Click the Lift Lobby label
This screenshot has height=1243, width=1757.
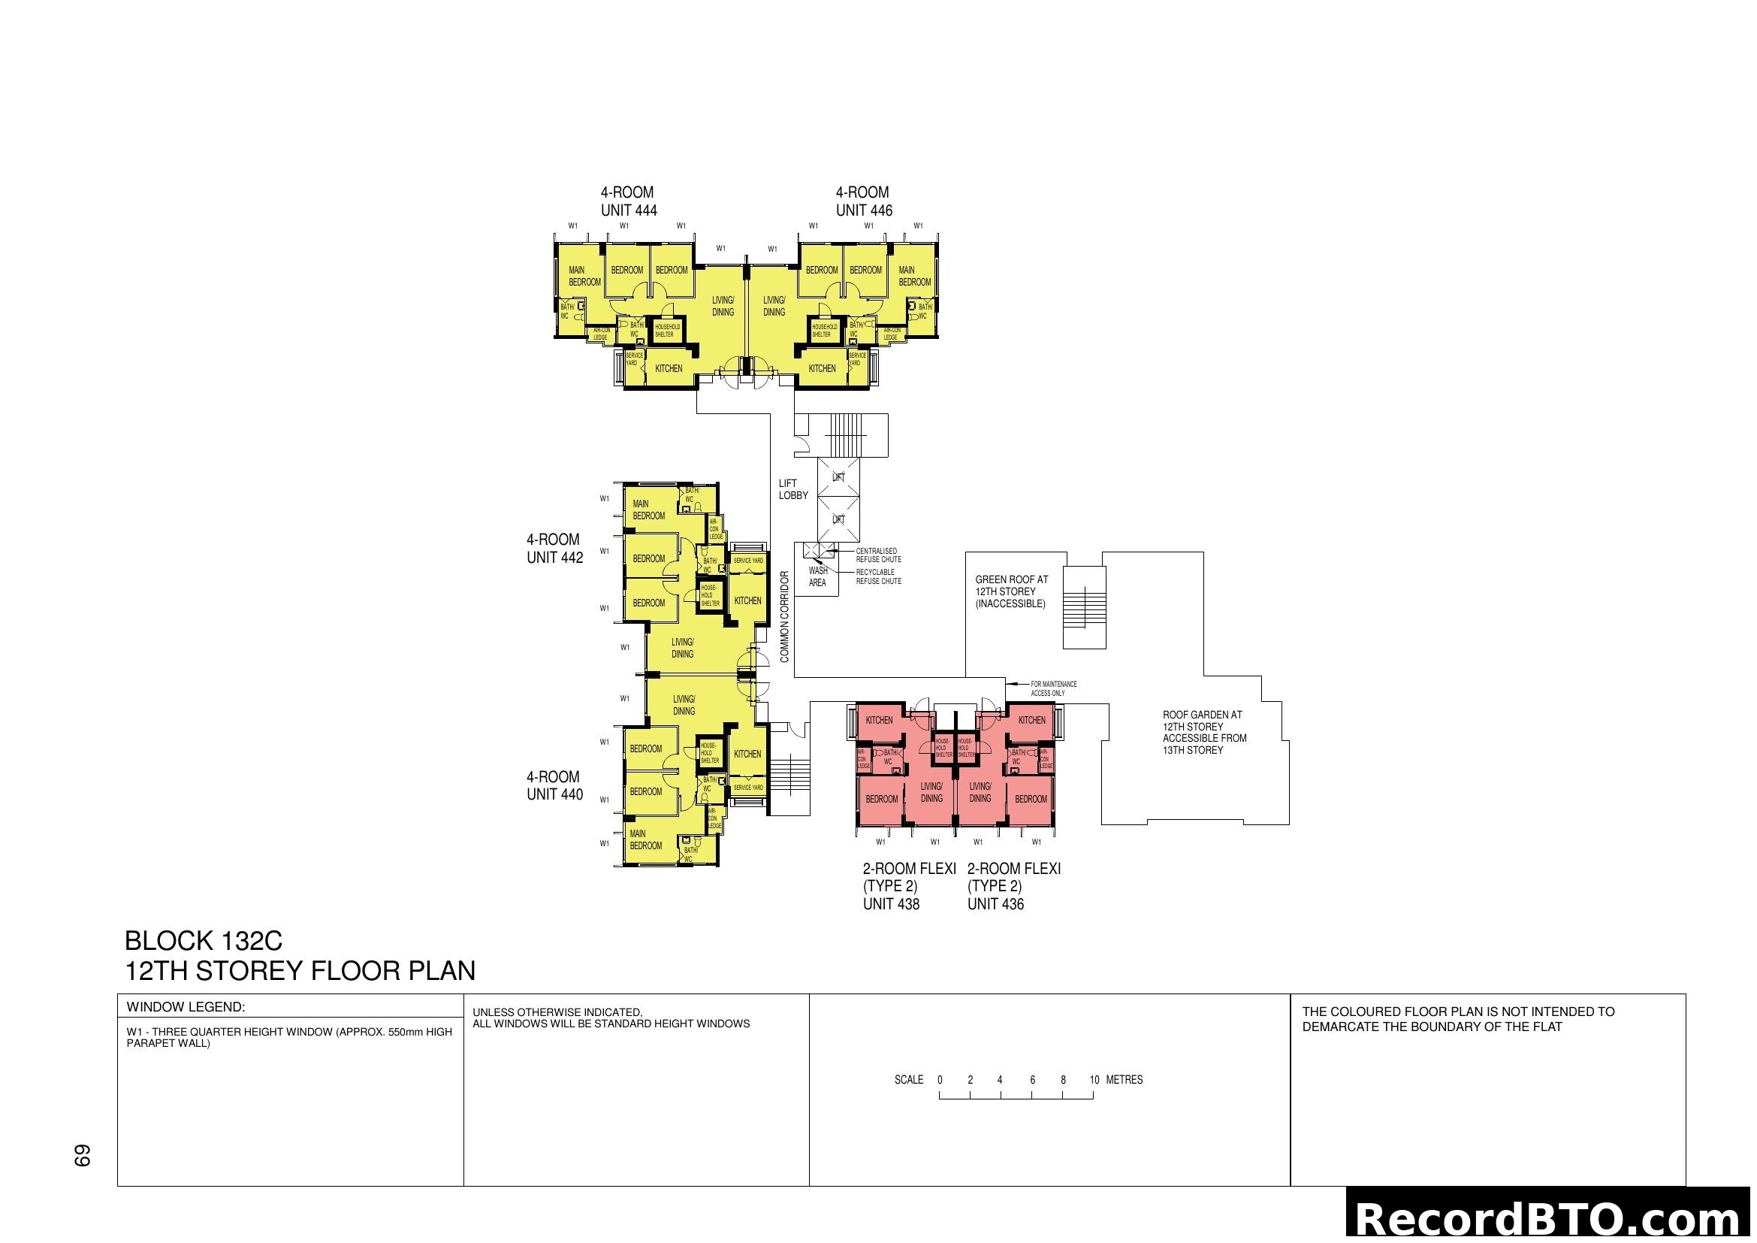[x=792, y=489]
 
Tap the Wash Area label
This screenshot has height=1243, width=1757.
[x=817, y=576]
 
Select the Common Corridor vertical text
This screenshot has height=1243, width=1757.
[x=784, y=616]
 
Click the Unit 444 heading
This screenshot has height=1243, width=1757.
[x=628, y=201]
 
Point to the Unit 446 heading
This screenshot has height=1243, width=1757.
[x=863, y=201]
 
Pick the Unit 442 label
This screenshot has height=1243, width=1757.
[x=554, y=549]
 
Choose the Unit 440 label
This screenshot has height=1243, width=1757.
[x=554, y=786]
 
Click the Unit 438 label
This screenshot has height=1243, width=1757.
[x=891, y=904]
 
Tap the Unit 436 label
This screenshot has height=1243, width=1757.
[x=995, y=904]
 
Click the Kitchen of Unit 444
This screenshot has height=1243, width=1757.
[x=668, y=368]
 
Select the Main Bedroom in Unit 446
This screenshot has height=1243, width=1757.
[x=913, y=277]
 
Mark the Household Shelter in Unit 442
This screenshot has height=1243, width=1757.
[x=710, y=595]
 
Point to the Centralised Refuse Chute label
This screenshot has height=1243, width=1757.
[x=877, y=555]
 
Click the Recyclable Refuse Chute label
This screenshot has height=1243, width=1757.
[x=877, y=576]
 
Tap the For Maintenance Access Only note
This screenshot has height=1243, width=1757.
[x=1053, y=689]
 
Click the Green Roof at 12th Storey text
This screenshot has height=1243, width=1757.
[x=1011, y=591]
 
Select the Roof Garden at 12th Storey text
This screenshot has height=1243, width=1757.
[x=1203, y=733]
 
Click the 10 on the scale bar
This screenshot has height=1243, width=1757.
[x=1094, y=1080]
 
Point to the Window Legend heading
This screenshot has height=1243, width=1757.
[x=186, y=1007]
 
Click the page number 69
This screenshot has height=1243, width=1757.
[x=83, y=1155]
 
